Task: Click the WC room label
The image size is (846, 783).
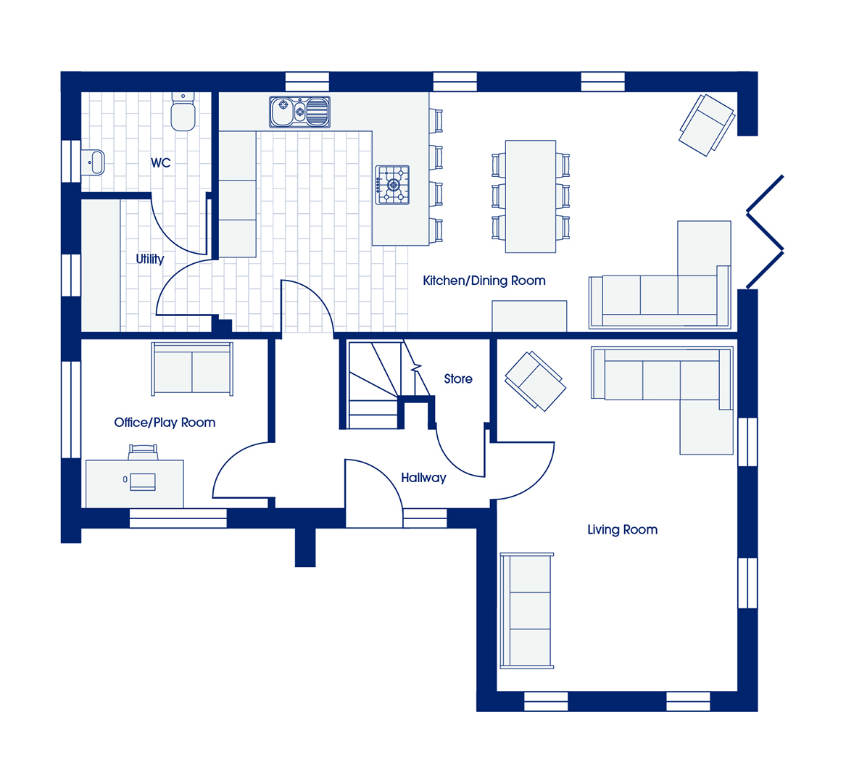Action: pos(161,162)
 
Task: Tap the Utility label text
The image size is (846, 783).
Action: pos(150,259)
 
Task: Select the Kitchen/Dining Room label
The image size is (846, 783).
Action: pos(484,281)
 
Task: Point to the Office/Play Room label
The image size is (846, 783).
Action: pos(165,423)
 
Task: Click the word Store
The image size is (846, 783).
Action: pos(458,379)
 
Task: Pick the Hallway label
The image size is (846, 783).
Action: pos(423,478)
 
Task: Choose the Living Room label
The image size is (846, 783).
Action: pos(622,530)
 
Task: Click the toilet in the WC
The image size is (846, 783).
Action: pos(183,112)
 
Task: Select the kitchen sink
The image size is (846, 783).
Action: pos(299,112)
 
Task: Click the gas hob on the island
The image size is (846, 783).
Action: pos(392,185)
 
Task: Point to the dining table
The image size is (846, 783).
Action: pos(531,196)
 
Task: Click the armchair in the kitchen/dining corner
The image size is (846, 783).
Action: pos(707,125)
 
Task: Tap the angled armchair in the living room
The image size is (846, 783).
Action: pos(535,381)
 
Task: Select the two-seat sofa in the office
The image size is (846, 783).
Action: pos(192,369)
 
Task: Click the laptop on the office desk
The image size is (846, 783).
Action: pos(142,481)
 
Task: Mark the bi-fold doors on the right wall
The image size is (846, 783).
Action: pos(765,232)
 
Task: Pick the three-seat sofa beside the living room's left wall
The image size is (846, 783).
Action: pos(526,611)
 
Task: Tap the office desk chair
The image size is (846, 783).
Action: pos(143,452)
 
